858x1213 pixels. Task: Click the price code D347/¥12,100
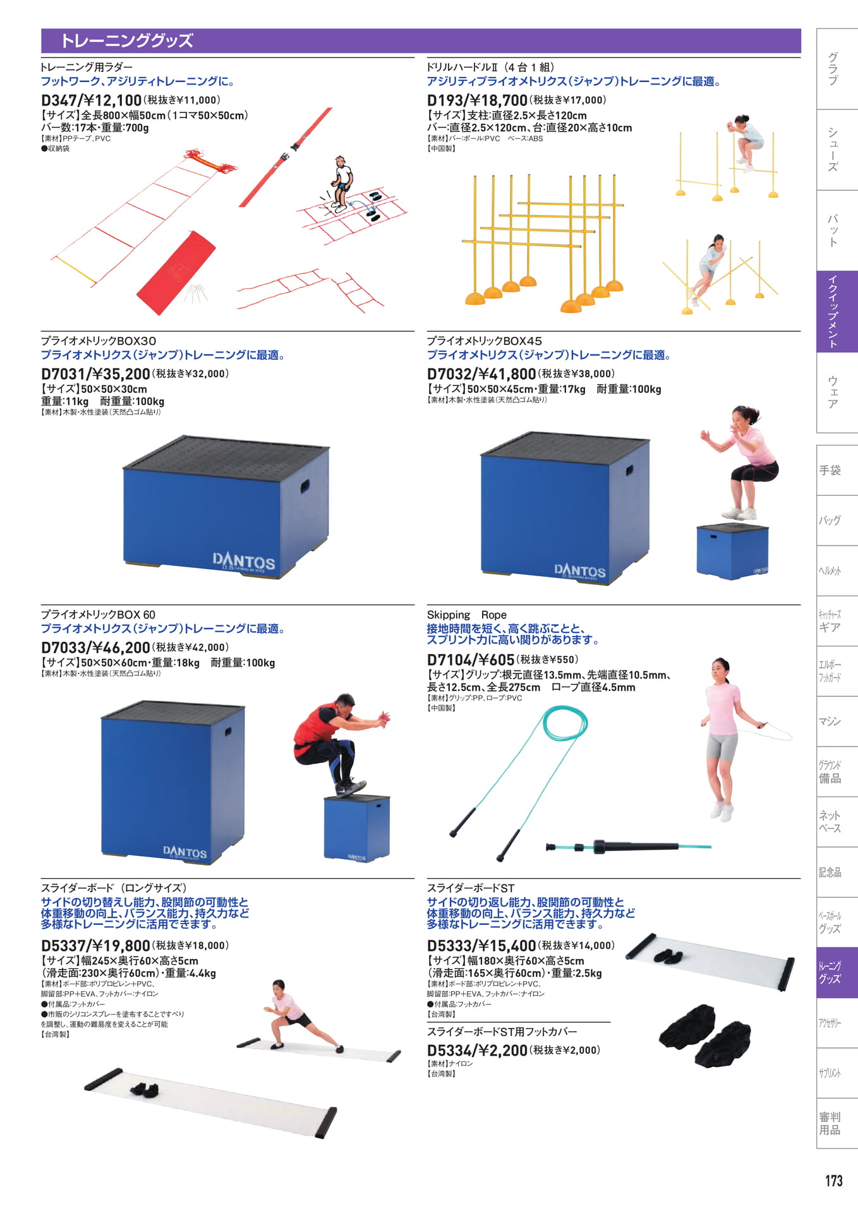pyautogui.click(x=91, y=100)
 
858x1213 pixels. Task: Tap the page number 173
pyautogui.click(x=833, y=1181)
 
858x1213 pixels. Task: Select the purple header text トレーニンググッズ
pyautogui.click(x=127, y=40)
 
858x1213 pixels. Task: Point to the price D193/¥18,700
pyautogui.click(x=477, y=100)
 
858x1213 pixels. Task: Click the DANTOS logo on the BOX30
pyautogui.click(x=244, y=561)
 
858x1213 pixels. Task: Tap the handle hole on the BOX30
pyautogui.click(x=305, y=486)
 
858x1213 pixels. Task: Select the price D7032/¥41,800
pyautogui.click(x=481, y=374)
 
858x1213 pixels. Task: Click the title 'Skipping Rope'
pyautogui.click(x=466, y=615)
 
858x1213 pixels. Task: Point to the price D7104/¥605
pyautogui.click(x=471, y=660)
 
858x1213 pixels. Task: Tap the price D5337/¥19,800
pyautogui.click(x=95, y=946)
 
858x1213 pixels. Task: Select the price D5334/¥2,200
pyautogui.click(x=477, y=1051)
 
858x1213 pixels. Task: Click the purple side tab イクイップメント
pyautogui.click(x=837, y=311)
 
